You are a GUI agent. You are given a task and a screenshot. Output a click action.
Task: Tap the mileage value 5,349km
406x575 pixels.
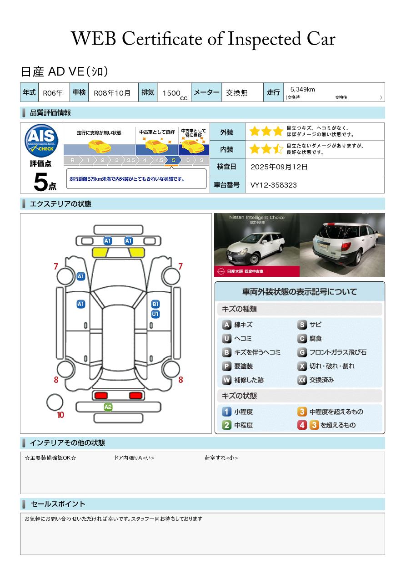(x=302, y=89)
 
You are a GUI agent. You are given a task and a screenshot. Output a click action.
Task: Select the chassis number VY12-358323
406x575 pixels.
(x=274, y=185)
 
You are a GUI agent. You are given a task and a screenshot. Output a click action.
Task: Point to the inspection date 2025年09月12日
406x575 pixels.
(x=279, y=167)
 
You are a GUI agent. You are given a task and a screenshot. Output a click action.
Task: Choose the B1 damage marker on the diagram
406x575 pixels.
(x=155, y=304)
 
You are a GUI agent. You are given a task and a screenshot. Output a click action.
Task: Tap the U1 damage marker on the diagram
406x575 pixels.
(x=155, y=314)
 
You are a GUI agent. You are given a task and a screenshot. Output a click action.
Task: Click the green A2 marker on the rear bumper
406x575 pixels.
(x=108, y=407)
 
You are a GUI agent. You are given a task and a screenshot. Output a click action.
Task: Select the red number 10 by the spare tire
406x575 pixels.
(x=60, y=415)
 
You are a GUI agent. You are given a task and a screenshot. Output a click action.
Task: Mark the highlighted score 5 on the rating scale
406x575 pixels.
(x=173, y=160)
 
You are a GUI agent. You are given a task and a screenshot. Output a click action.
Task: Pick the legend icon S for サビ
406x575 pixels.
(x=302, y=325)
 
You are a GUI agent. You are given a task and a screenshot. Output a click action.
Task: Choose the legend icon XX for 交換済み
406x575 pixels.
(x=302, y=380)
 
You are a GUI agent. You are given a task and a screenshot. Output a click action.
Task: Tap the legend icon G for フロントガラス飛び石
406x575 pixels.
(x=302, y=352)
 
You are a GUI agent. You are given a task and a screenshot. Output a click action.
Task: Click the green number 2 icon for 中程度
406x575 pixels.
(x=226, y=425)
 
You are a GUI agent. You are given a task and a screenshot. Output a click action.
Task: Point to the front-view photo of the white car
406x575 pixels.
(x=256, y=245)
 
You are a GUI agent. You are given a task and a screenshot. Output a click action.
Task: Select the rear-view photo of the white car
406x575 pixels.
(x=342, y=245)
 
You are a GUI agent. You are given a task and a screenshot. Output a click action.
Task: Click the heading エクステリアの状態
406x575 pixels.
(x=60, y=204)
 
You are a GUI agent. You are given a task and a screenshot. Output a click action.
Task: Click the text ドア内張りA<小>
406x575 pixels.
(x=134, y=458)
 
